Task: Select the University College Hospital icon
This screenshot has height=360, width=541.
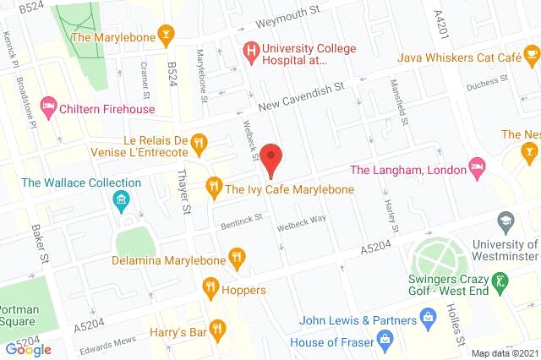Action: click(251, 52)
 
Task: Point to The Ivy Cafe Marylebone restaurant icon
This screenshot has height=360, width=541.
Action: click(214, 185)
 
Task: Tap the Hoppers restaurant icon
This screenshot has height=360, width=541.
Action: click(210, 290)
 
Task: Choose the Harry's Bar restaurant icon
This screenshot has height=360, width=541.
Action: click(219, 328)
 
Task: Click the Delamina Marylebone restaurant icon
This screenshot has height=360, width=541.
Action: click(238, 257)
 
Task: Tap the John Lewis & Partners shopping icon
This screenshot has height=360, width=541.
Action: click(429, 320)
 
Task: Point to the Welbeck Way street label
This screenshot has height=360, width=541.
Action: click(302, 221)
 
